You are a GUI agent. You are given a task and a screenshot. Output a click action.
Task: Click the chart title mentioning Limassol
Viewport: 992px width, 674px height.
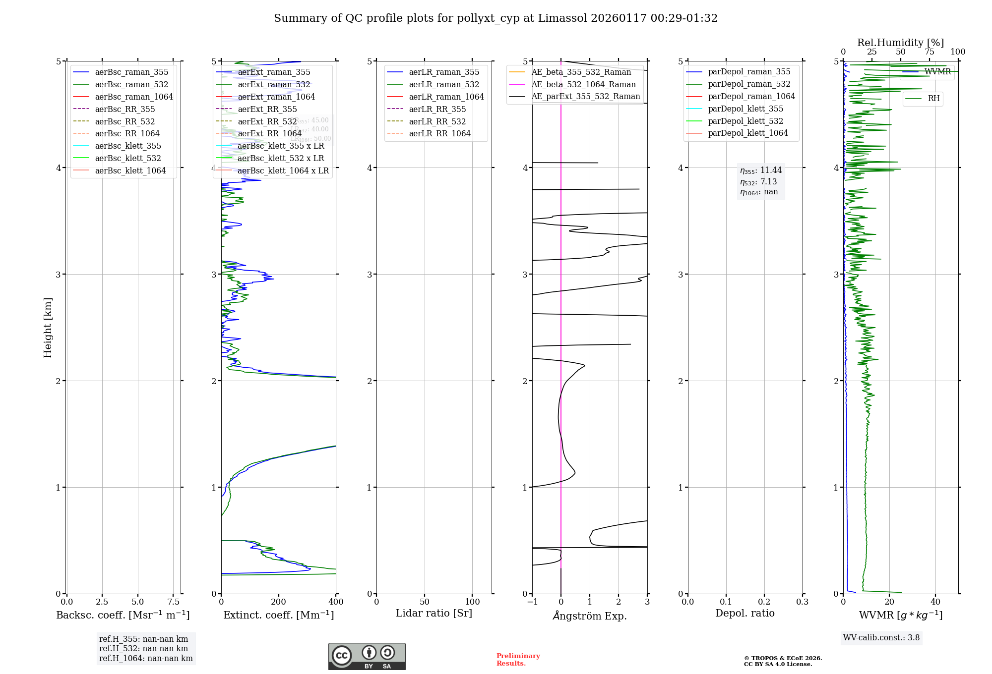tap(496, 18)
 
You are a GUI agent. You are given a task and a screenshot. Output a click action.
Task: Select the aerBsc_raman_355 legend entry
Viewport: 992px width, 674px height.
tap(131, 72)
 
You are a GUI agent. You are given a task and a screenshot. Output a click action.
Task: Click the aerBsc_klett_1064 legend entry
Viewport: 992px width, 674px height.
tap(130, 171)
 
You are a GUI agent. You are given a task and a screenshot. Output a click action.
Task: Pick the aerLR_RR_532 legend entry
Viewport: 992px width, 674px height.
tap(437, 122)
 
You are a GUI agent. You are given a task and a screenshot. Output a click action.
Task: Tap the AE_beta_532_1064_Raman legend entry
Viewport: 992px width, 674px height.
tap(583, 85)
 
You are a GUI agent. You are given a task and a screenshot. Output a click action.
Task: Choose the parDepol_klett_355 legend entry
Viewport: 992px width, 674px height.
tap(745, 109)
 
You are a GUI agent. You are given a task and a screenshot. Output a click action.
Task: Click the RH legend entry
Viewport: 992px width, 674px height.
tap(933, 99)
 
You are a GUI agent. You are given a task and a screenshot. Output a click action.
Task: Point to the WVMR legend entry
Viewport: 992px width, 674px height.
tap(937, 72)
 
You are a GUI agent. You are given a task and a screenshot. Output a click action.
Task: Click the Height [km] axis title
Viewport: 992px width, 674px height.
tap(48, 328)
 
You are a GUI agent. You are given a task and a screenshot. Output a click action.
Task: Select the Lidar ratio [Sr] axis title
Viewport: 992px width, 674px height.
tap(434, 614)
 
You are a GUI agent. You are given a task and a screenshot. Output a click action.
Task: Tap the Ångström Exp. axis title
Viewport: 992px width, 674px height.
tap(590, 616)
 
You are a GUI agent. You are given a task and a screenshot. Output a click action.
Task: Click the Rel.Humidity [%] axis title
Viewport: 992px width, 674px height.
tap(900, 43)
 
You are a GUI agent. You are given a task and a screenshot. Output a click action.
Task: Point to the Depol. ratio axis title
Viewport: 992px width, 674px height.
tap(744, 614)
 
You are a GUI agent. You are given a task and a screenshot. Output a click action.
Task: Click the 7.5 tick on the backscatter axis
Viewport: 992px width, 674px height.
tap(173, 602)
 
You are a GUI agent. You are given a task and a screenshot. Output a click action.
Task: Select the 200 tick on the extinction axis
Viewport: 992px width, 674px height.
tap(279, 602)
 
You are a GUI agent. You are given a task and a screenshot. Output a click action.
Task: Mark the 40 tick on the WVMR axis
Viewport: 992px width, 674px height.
tap(935, 602)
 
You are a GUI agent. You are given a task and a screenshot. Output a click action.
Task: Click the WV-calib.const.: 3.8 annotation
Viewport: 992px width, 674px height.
tap(881, 638)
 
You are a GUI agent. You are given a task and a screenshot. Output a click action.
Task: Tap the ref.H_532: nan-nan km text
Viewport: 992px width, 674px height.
tap(143, 649)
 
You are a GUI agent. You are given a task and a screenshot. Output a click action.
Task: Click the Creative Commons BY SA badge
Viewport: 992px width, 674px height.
tap(367, 657)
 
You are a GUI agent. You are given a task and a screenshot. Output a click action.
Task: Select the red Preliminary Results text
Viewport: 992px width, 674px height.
tap(518, 660)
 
